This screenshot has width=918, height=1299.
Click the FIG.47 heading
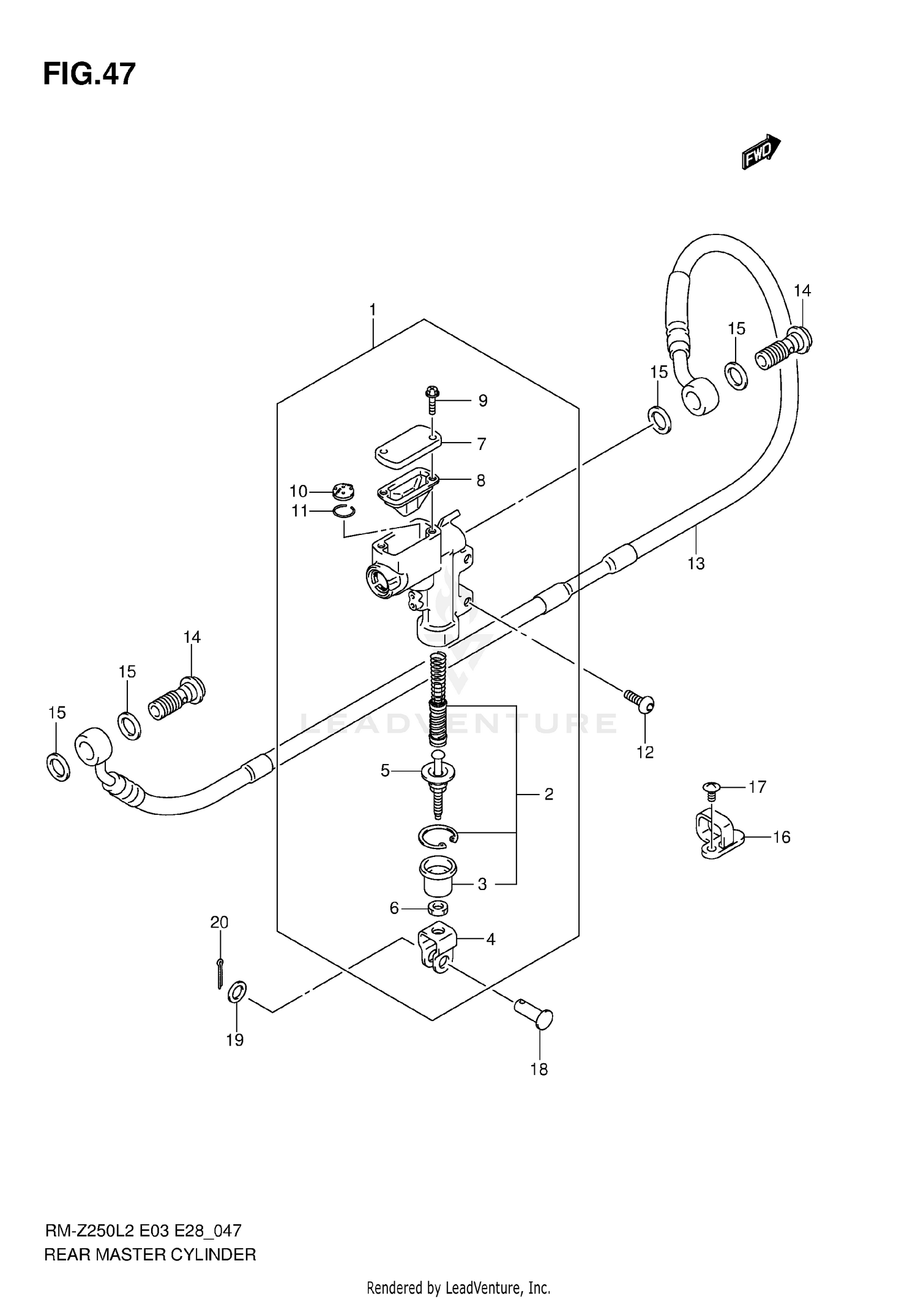click(89, 74)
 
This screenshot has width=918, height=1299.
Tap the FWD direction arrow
click(760, 151)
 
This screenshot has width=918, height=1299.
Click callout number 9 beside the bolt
click(483, 401)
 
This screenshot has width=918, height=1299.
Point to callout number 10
click(298, 491)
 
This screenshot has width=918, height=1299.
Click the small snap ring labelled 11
click(345, 511)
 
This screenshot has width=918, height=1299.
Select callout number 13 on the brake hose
click(696, 563)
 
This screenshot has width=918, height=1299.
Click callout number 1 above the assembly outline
click(372, 310)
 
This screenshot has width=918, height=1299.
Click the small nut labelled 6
click(437, 907)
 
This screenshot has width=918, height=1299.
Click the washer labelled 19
click(237, 992)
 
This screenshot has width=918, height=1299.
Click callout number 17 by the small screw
click(757, 787)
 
